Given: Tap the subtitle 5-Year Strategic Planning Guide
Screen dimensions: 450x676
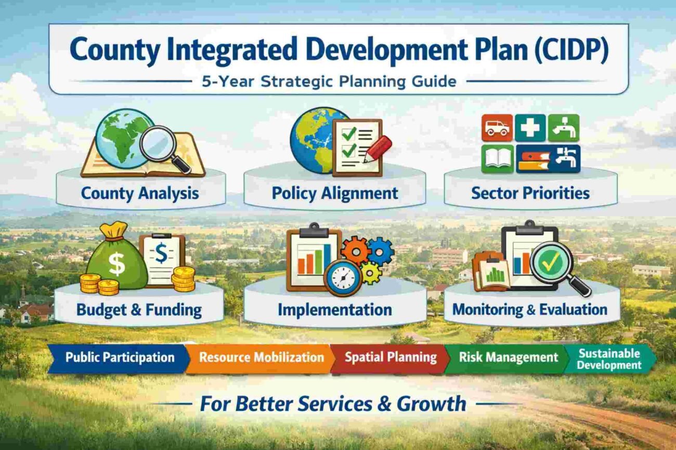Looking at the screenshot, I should [x=329, y=82].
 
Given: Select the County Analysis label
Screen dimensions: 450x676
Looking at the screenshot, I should [x=140, y=194].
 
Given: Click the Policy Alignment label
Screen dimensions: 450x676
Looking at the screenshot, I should [x=335, y=194].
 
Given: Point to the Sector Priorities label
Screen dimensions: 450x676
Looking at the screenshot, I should [x=530, y=193].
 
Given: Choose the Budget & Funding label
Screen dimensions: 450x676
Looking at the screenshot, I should [x=139, y=310].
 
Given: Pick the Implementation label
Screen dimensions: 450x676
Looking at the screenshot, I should [x=335, y=310].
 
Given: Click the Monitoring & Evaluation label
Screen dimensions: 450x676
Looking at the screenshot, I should [x=530, y=310].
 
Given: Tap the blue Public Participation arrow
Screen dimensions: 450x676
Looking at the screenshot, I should [x=119, y=358].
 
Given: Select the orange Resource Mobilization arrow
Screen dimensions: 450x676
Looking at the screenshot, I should [x=261, y=358].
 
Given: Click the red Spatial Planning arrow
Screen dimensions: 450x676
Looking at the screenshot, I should [x=391, y=358].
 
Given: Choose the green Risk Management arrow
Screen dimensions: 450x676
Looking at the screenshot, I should [x=508, y=358].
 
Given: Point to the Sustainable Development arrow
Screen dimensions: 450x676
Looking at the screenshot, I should [x=609, y=359].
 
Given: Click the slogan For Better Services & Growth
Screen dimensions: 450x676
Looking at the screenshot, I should [x=333, y=404].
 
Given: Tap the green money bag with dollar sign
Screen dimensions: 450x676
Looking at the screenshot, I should [x=116, y=260].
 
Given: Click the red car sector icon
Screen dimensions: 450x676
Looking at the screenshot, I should [x=497, y=128].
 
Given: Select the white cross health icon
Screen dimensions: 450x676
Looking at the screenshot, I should [x=530, y=128].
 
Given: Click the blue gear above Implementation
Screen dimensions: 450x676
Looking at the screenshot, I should [x=381, y=251].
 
